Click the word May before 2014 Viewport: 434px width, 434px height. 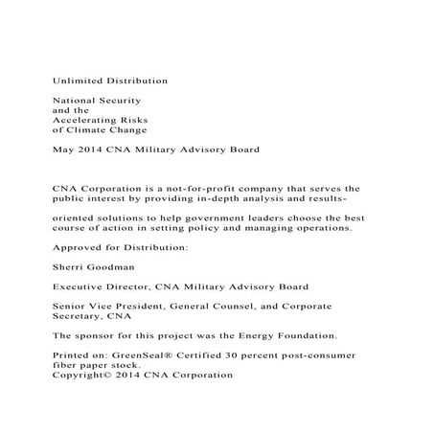click(62, 149)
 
